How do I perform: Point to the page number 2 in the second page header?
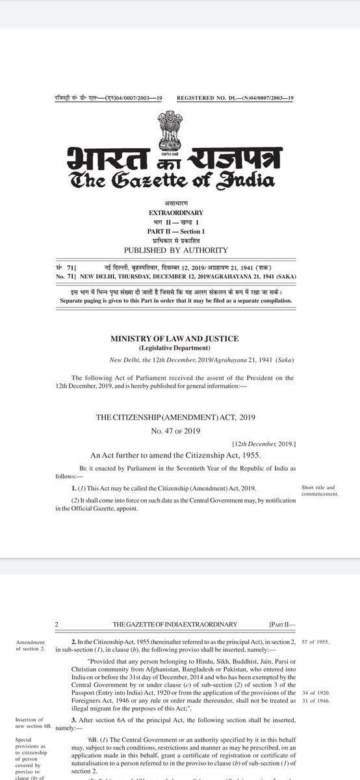[x=57, y=624]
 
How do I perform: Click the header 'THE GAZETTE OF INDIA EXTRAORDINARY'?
[x=174, y=624]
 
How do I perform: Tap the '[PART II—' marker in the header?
[x=281, y=624]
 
